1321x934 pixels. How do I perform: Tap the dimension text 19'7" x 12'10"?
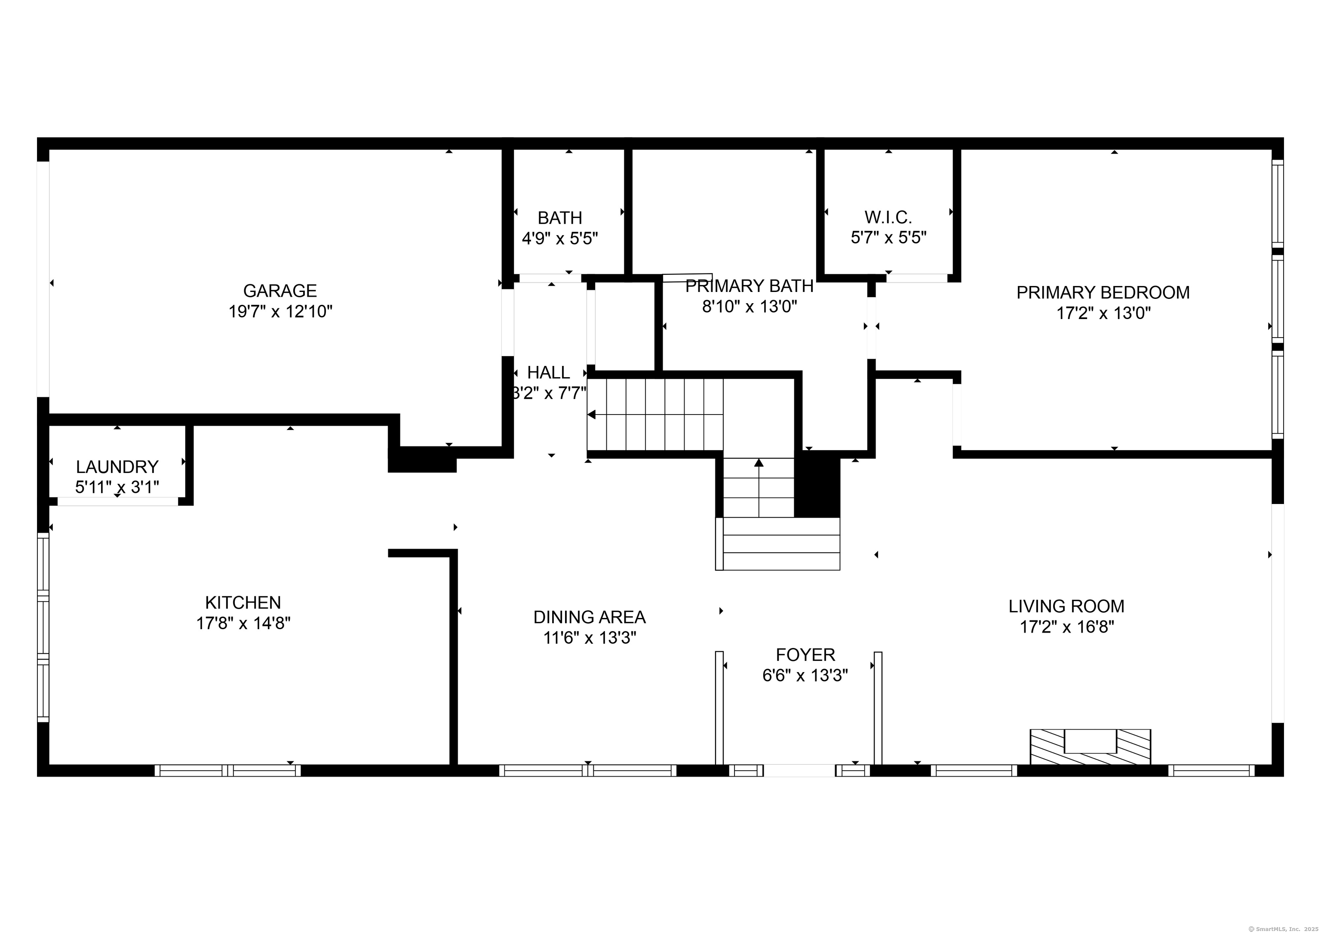[280, 312]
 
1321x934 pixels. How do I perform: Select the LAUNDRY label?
[117, 466]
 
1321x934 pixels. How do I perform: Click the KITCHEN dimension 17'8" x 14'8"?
[243, 623]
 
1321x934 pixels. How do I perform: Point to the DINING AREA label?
[589, 617]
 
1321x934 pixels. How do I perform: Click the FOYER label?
[805, 654]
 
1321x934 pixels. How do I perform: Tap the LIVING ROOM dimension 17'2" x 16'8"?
[1067, 627]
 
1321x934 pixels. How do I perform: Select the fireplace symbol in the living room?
[1090, 747]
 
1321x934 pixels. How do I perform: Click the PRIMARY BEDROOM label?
[1103, 292]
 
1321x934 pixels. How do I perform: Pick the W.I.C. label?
[888, 218]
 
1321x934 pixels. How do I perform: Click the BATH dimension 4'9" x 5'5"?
[559, 238]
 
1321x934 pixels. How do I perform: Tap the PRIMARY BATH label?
[749, 286]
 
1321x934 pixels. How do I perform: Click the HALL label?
[548, 372]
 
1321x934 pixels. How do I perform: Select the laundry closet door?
[117, 501]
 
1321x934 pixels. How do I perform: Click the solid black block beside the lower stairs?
[817, 485]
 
